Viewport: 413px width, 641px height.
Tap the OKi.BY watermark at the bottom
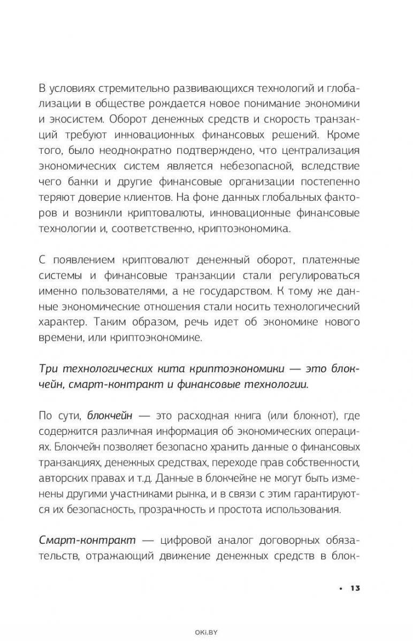pyautogui.click(x=206, y=632)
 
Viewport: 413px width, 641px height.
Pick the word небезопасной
pyautogui.click(x=270, y=166)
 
